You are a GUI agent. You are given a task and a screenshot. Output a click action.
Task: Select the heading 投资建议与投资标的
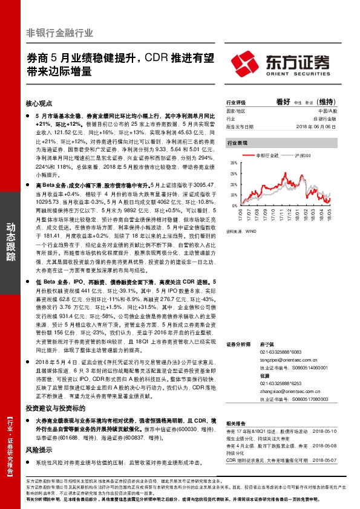53,391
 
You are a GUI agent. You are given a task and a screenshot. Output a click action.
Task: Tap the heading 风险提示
39,433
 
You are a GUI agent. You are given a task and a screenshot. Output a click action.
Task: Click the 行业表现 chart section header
237,144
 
